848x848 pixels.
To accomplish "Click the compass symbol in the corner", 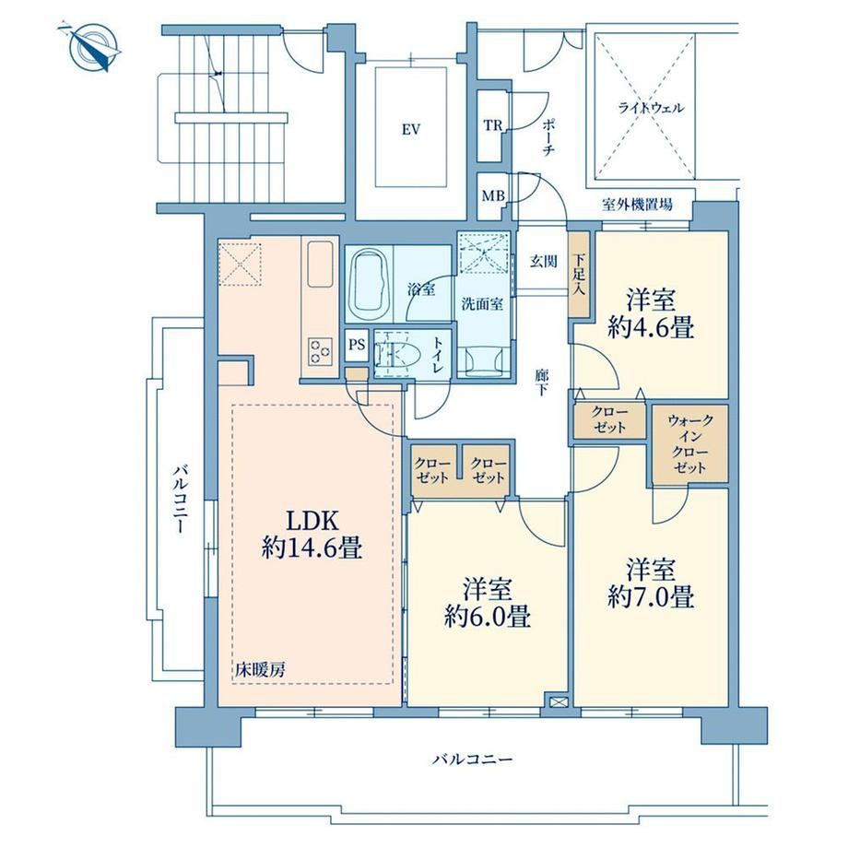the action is click(93, 47).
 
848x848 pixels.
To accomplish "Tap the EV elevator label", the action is click(411, 130).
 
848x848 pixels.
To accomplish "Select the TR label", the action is click(493, 126).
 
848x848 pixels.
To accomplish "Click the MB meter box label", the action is click(493, 195).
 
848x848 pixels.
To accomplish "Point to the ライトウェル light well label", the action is click(651, 108).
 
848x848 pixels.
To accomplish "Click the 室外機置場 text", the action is click(638, 205).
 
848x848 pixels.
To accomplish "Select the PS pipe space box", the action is click(357, 345).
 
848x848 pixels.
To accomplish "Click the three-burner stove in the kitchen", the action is click(319, 351).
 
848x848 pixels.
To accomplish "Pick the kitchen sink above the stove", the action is click(320, 265).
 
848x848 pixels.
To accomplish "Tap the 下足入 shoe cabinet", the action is click(579, 275).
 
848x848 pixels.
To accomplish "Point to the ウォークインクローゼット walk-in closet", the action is click(689, 444).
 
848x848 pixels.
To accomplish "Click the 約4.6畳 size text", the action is click(651, 327).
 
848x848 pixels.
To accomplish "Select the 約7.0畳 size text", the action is click(651, 597).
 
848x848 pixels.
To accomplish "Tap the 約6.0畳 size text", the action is click(488, 616).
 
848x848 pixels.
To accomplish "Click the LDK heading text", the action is click(312, 522).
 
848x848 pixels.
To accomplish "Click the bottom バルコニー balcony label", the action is click(473, 760).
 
